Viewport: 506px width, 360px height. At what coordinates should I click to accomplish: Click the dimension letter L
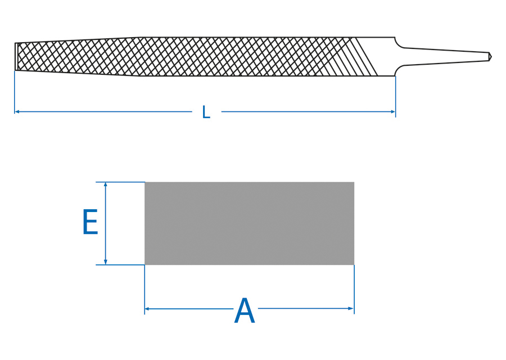pos(206,112)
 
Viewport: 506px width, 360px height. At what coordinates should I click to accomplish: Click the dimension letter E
pos(90,223)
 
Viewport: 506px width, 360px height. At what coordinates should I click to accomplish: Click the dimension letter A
pos(245,311)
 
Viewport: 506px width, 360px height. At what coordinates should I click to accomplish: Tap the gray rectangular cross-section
pos(249,223)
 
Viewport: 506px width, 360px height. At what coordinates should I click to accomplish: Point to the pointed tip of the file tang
pos(490,56)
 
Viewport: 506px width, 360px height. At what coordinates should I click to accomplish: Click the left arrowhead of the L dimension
pos(17,112)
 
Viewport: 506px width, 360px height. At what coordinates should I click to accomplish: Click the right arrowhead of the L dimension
pos(393,112)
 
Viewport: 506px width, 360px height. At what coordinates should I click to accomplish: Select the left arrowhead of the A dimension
pos(147,308)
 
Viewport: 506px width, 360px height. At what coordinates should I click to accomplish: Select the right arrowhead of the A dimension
pos(351,308)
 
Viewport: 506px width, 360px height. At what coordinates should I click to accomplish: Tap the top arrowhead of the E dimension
pos(106,184)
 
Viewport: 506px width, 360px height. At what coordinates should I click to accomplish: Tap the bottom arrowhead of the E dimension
pos(106,262)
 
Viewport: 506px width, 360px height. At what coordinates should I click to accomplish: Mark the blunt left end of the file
pos(16,56)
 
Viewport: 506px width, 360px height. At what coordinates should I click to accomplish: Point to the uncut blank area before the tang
pos(385,56)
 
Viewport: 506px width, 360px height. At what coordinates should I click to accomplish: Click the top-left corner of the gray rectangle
pos(145,182)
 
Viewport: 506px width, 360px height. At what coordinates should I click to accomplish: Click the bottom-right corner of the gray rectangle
pos(354,264)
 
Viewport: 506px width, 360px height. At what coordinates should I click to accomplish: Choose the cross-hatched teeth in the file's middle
pos(225,56)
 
